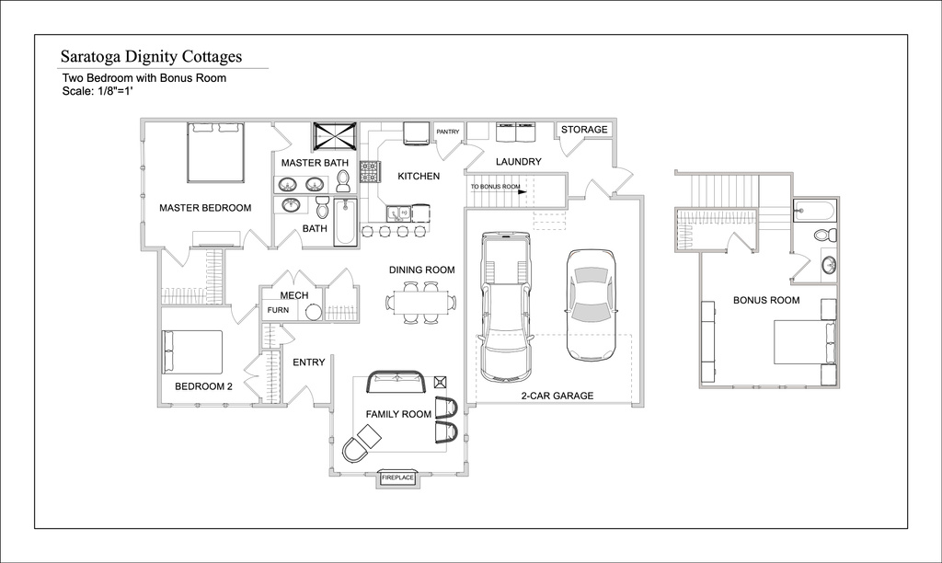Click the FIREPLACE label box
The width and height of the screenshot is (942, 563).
tap(397, 477)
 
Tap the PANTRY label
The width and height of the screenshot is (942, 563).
tap(448, 132)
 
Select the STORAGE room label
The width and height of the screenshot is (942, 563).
tap(584, 129)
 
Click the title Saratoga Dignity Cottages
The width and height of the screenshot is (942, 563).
tap(152, 56)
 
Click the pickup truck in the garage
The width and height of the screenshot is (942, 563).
tap(505, 306)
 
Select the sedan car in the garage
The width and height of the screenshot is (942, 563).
tap(592, 304)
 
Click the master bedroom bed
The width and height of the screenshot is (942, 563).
tap(215, 153)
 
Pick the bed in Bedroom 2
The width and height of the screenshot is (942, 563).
tap(192, 351)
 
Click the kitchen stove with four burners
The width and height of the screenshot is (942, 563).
tap(370, 171)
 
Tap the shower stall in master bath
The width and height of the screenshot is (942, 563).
tap(335, 137)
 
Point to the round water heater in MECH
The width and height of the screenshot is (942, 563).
tap(314, 312)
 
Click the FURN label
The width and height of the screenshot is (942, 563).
tap(278, 310)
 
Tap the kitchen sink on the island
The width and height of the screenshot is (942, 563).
tap(398, 213)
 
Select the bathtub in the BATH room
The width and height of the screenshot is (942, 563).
tap(346, 222)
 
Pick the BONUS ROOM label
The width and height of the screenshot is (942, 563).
tap(766, 300)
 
